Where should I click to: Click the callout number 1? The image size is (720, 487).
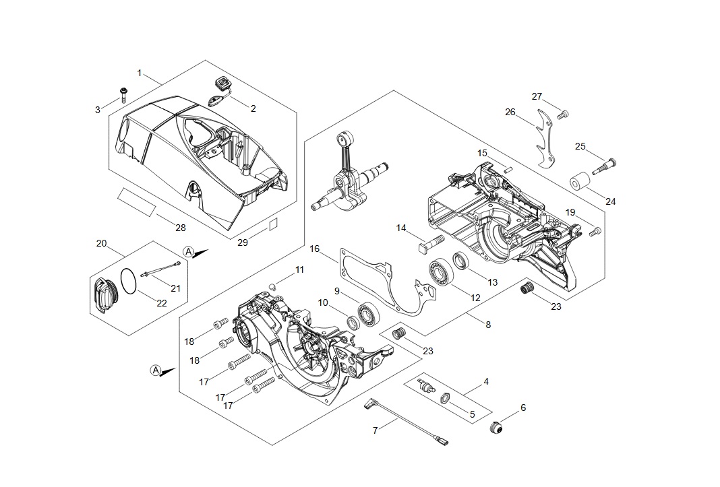140,73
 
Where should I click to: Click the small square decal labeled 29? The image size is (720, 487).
273,224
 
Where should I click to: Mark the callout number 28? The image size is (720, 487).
181,228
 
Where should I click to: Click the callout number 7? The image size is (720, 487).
376,430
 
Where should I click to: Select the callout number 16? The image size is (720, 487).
314,249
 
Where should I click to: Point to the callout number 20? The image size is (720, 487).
101,243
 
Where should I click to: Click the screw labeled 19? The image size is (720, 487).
594,232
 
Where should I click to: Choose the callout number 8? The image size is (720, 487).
488,325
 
